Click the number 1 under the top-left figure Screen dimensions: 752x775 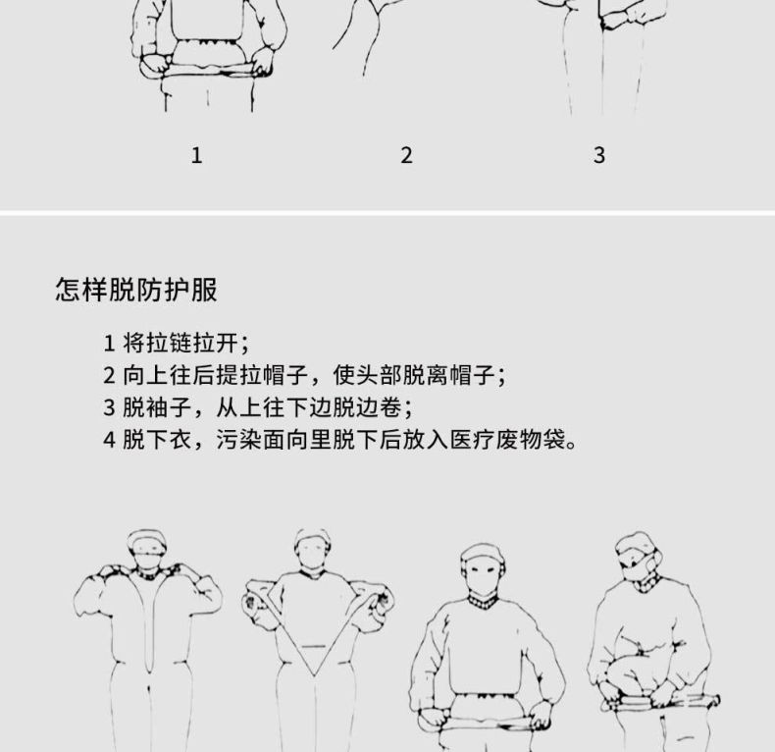click(x=196, y=155)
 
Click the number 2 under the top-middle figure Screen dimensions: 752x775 click(x=406, y=155)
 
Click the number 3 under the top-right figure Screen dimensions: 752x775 click(x=599, y=155)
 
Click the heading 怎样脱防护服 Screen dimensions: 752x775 click(x=136, y=292)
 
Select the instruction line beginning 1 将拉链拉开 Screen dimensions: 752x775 click(x=177, y=343)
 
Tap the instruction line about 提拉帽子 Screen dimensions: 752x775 click(x=305, y=375)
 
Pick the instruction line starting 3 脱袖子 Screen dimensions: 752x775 click(x=257, y=406)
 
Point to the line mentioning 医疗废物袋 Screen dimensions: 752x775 click(x=339, y=438)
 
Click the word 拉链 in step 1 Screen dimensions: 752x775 click(x=173, y=343)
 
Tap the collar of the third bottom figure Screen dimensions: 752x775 click(x=483, y=599)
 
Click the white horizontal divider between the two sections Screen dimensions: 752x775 click(x=387, y=211)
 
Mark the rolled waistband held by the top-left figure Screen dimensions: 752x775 click(x=206, y=69)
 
